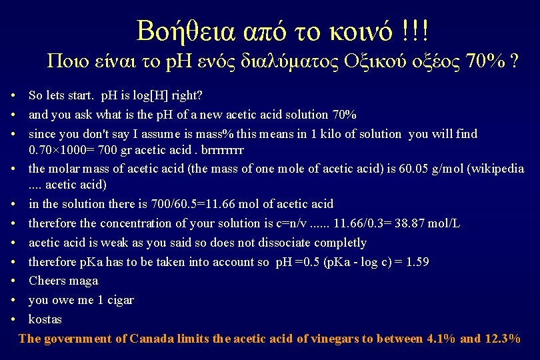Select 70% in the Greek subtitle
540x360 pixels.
pos(485,62)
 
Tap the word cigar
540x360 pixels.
pos(119,300)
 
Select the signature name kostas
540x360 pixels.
pos(45,319)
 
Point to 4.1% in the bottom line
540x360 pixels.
pos(439,339)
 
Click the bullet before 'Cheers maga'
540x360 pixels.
pos(13,281)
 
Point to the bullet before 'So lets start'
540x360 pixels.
pos(13,95)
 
